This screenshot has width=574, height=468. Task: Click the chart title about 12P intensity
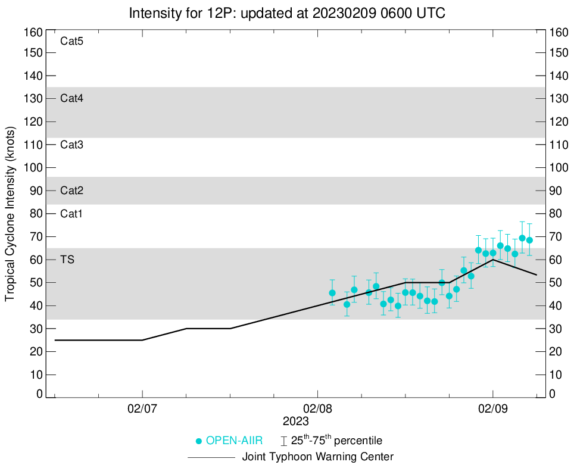click(x=286, y=13)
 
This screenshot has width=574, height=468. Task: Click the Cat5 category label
click(x=71, y=42)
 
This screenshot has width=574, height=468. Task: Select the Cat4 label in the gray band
click(x=71, y=99)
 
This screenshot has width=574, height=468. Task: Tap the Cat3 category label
click(x=71, y=145)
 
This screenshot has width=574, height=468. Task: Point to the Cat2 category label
click(x=71, y=191)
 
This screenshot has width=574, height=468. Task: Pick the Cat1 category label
click(x=71, y=214)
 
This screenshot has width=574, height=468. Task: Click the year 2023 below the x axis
click(x=295, y=421)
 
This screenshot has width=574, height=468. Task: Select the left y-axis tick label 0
click(x=39, y=394)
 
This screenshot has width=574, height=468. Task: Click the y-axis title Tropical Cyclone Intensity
click(x=10, y=213)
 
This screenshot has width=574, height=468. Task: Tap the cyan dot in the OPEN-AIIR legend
click(x=199, y=441)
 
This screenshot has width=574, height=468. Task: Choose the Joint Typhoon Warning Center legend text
click(x=318, y=457)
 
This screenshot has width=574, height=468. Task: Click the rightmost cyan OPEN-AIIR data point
click(x=529, y=240)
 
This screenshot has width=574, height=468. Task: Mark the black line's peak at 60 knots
click(x=492, y=260)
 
